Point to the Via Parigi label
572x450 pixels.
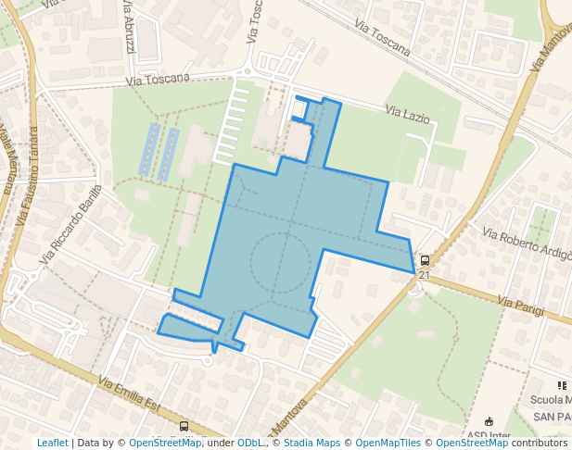(518, 303)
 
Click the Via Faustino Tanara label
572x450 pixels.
(28, 176)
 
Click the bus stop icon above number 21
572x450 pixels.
(425, 261)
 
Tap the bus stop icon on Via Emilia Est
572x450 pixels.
(184, 427)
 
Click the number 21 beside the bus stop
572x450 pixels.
(425, 275)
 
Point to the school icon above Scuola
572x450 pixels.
(561, 385)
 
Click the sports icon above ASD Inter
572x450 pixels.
(489, 421)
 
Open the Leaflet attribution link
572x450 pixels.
(52, 443)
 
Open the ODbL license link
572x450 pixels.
(251, 443)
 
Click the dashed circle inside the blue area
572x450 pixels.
(280, 263)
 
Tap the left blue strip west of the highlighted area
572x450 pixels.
(148, 150)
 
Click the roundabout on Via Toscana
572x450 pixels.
(248, 70)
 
